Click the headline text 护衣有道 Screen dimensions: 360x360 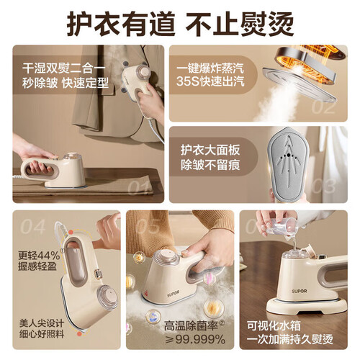(120, 24)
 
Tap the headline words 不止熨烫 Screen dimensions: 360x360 (240, 24)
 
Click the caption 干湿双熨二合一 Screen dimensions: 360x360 (64, 68)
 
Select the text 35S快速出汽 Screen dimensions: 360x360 (210, 81)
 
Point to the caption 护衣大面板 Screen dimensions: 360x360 (210, 150)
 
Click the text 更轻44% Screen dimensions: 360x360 (39, 256)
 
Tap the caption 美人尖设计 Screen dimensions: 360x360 (42, 323)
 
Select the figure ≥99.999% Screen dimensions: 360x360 (195, 339)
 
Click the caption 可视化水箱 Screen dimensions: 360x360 (274, 326)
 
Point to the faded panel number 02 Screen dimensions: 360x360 (323, 108)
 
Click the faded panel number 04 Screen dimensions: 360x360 (32, 227)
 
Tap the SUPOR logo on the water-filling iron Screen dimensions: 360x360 (300, 291)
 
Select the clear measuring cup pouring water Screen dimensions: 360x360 (282, 228)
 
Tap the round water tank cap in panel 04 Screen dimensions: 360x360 (107, 297)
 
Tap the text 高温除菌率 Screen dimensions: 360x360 (191, 326)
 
